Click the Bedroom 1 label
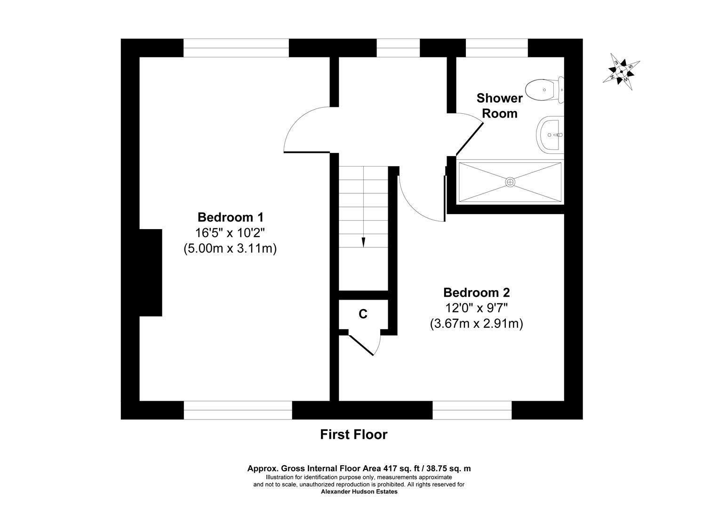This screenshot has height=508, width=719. click(230, 217)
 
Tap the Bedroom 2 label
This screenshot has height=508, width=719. click(476, 293)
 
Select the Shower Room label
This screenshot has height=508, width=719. click(499, 106)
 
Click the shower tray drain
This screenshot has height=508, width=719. click(510, 182)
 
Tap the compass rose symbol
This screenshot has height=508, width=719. click(621, 71)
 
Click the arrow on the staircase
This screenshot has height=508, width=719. click(363, 242)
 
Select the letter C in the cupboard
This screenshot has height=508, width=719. click(363, 314)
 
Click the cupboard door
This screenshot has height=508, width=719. click(361, 345)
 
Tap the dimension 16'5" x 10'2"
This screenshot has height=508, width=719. click(230, 233)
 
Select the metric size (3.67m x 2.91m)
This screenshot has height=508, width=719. click(476, 324)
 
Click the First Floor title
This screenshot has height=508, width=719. click(353, 435)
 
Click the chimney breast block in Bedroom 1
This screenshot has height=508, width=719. click(151, 273)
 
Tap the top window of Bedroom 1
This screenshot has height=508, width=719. click(236, 48)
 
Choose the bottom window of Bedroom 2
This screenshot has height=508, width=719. click(471, 410)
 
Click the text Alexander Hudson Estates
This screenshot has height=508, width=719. click(359, 492)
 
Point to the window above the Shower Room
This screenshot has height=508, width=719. click(496, 48)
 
